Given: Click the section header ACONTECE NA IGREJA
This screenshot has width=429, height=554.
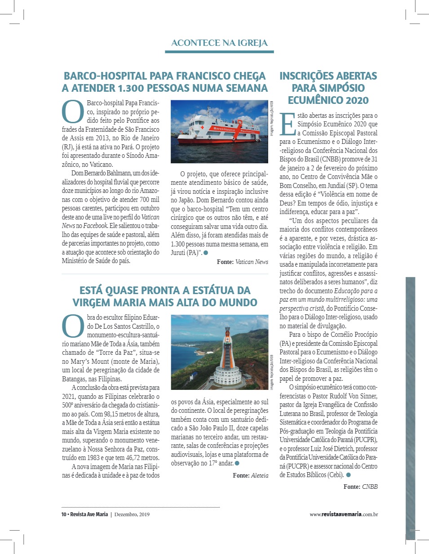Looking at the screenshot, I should [219, 43].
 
